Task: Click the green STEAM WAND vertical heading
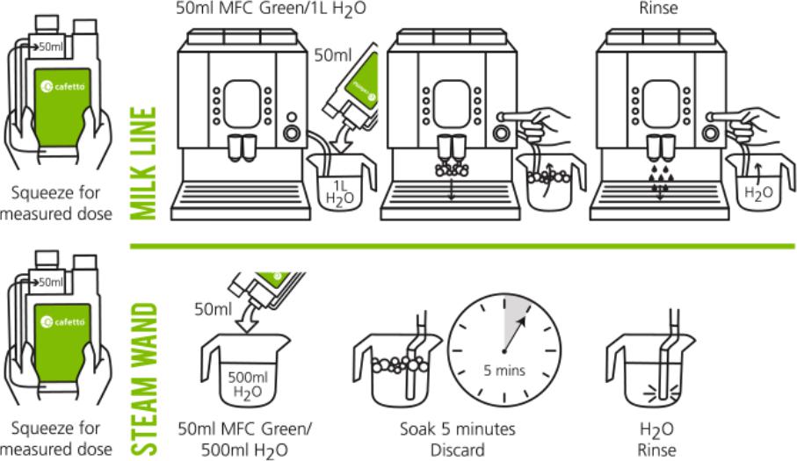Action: [144, 379]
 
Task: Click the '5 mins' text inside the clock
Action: [504, 370]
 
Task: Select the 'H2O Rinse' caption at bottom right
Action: [657, 439]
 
